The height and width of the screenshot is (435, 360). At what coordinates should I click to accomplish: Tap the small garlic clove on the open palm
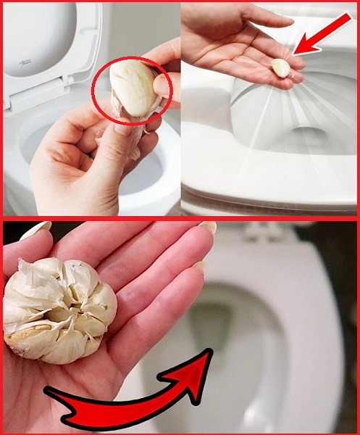click(x=280, y=67)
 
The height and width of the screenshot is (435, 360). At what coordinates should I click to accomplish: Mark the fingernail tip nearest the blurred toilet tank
click(x=209, y=227)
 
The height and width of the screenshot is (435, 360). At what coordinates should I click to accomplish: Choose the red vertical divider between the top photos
click(x=180, y=109)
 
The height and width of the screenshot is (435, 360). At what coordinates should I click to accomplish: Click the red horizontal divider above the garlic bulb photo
click(x=181, y=217)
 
